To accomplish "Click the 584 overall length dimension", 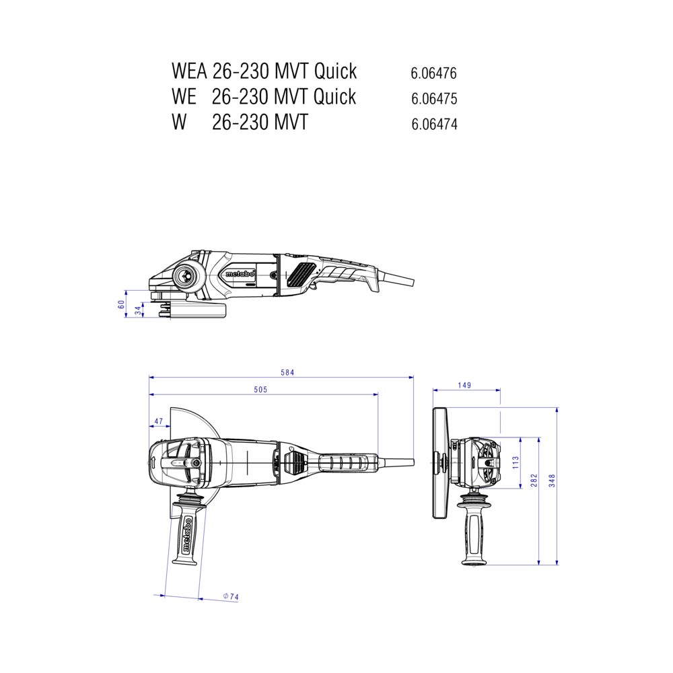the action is coord(287,372).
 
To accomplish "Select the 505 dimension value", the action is coord(260,389).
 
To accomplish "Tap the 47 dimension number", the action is coord(159,421).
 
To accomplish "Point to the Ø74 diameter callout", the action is coord(231,596).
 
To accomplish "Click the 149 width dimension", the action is coord(464,385).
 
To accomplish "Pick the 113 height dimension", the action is coord(516,462).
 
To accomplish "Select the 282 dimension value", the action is coord(534,481).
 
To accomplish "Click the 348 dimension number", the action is coord(552,481).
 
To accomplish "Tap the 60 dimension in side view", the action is coord(121,304).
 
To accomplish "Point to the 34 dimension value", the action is coord(138,310).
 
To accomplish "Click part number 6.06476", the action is coord(433,73).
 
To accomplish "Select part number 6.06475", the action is coord(434,99).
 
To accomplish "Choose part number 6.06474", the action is coord(434,124).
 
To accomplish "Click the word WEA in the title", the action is coord(189,71).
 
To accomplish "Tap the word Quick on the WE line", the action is coord(334,96).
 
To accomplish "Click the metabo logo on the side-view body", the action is coord(240,274).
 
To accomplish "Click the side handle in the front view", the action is coord(474,529).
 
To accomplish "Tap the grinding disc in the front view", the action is coord(439,463).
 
